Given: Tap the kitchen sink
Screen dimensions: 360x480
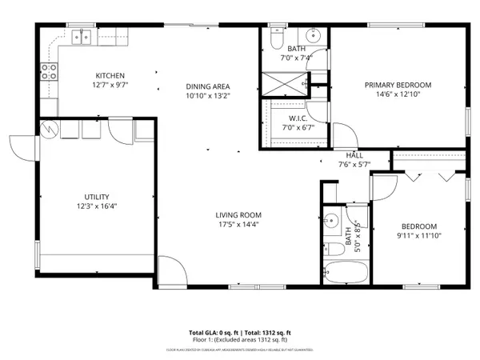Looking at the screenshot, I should [x=82, y=35].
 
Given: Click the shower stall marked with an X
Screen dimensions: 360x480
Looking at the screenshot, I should [x=286, y=84].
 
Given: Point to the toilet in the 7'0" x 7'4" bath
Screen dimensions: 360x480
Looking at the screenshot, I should [x=275, y=38].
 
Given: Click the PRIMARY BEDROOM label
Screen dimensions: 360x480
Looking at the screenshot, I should [x=398, y=85].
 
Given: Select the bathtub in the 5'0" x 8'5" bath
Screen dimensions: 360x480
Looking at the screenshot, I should [x=346, y=270].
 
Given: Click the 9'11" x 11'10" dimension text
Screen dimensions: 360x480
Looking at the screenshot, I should [x=419, y=235].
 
